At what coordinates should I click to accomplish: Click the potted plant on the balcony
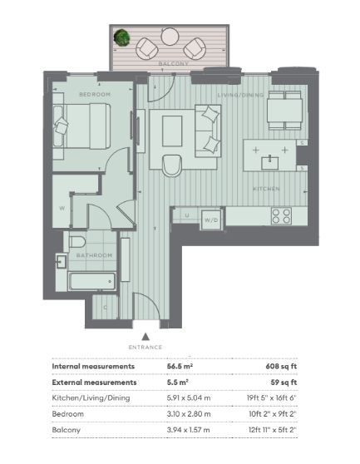pos(122,37)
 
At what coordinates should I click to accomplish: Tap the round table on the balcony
pos(170,37)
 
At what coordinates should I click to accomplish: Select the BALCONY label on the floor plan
pos(173,63)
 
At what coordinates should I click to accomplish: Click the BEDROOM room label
pos(95,95)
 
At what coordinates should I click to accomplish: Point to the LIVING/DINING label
pos(240,95)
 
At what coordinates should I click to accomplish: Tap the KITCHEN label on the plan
pos(266,189)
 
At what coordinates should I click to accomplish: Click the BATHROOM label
pos(94,255)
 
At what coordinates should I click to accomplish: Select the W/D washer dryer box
pos(211,220)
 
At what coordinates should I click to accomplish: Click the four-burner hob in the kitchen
pos(281,215)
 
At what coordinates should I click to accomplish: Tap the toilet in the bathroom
pos(76,241)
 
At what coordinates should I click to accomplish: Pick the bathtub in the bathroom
pos(92,281)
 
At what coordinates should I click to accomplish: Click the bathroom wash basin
pos(62,261)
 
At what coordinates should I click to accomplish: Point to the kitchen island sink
pos(269,163)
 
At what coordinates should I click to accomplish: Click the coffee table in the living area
pos(172,131)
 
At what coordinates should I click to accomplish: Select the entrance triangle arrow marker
pos(145,337)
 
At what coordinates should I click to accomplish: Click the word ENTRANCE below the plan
pos(145,347)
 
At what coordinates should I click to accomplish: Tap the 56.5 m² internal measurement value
pos(180,366)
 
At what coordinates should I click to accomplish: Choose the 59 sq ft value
pos(284,383)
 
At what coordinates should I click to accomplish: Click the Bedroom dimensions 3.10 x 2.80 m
pos(189,414)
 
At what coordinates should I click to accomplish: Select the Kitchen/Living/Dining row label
pos(91,398)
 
